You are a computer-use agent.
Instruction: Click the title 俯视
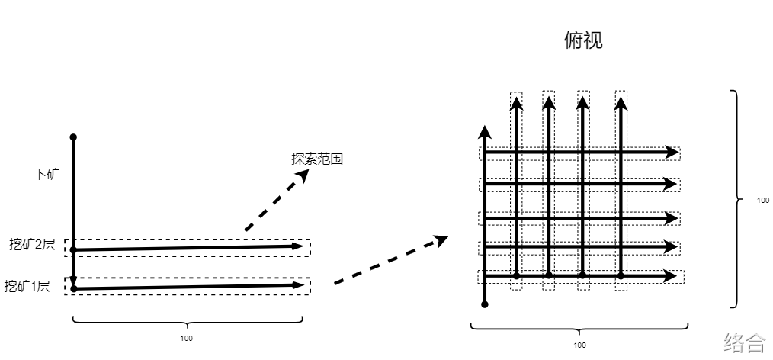coord(583,40)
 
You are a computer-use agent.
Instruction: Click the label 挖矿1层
coord(27,287)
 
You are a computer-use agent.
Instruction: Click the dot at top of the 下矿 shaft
coord(73,137)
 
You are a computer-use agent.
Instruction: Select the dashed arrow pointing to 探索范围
coord(276,201)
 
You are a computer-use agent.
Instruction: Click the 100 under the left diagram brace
coord(188,338)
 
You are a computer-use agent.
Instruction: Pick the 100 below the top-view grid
coord(579,345)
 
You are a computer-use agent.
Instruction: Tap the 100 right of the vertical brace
coord(763,201)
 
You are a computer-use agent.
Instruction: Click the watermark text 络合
coord(745,342)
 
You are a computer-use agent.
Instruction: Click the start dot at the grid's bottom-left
coord(485,304)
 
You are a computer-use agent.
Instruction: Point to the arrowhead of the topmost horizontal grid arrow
coord(672,152)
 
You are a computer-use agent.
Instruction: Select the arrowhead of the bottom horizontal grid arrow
coord(672,275)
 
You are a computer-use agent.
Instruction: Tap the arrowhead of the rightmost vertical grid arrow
coord(621,102)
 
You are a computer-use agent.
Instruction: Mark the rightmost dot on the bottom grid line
coord(621,275)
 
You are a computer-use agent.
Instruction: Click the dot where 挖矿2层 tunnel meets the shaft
coord(73,249)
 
